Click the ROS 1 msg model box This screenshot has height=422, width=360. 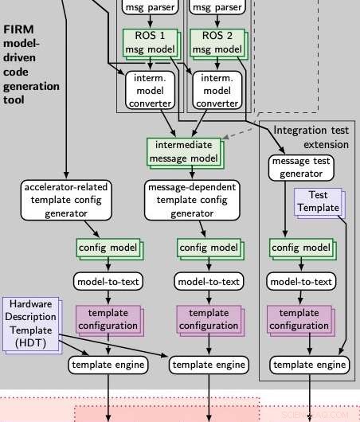tap(147, 42)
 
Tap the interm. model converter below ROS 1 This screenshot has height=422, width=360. tap(148, 89)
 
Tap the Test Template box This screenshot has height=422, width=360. tap(317, 201)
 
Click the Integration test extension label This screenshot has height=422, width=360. tap(311, 136)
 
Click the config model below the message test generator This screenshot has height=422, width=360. tap(299, 248)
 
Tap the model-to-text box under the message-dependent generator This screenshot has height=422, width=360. tap(209, 281)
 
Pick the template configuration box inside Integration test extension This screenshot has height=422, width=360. tap(299, 319)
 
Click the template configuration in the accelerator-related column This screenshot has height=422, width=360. tap(108, 319)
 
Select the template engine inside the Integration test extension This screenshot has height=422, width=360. tap(310, 365)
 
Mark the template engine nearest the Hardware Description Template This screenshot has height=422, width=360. tap(108, 365)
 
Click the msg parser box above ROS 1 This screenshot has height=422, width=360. tap(147, 8)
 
